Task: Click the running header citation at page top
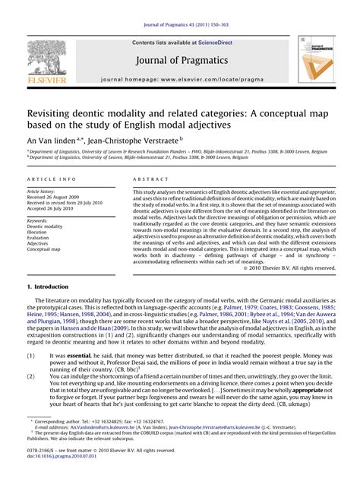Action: click(x=179, y=8)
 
